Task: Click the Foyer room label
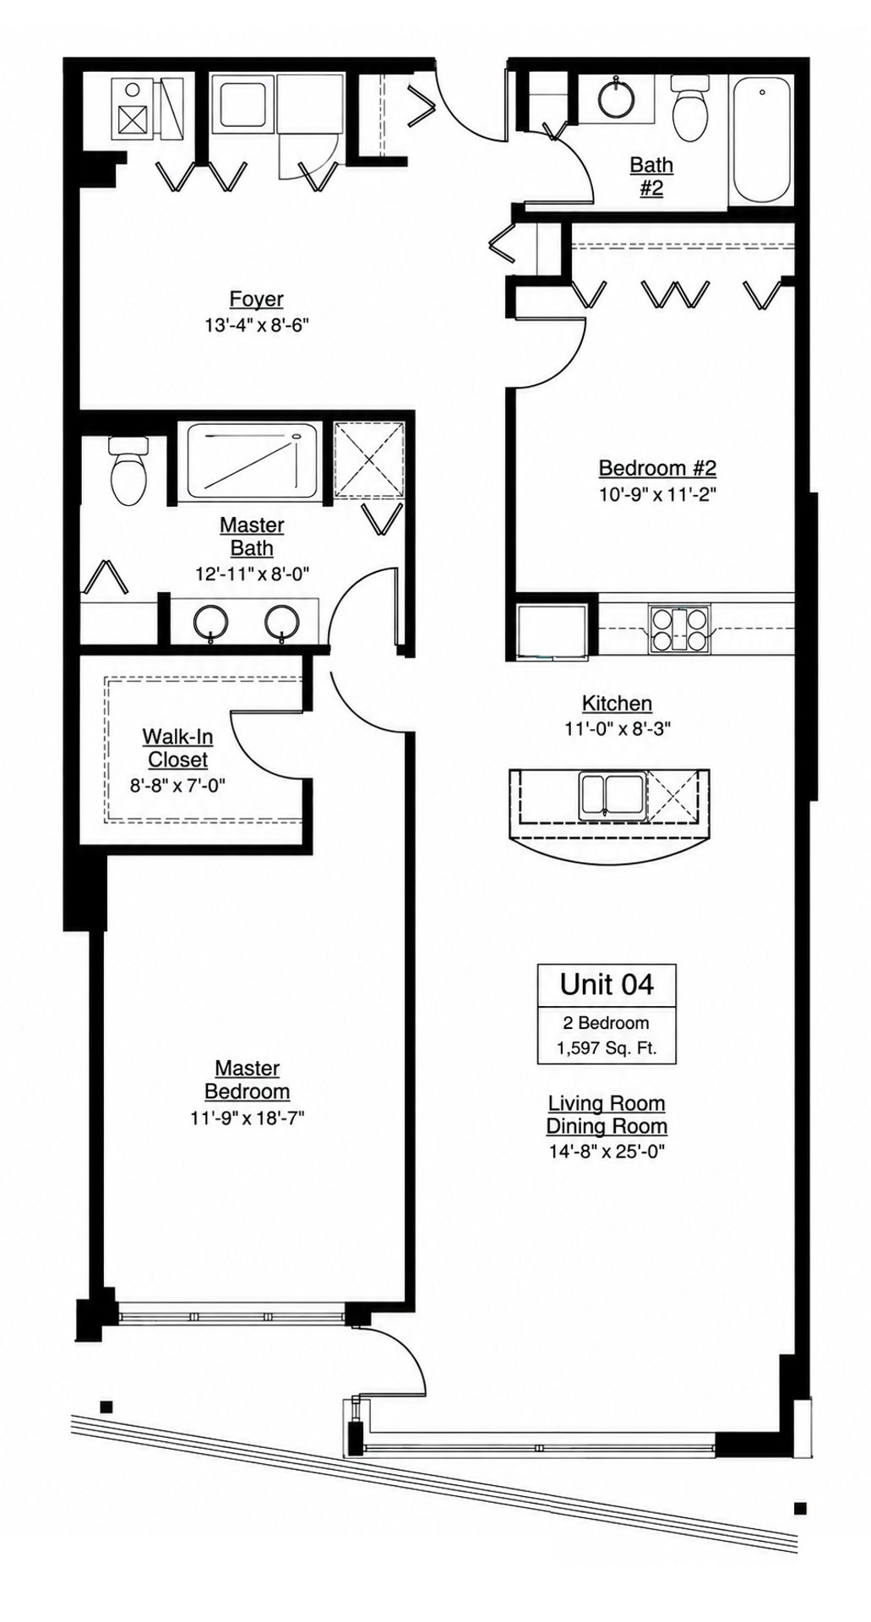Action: click(x=256, y=299)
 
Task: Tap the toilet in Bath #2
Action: click(x=689, y=108)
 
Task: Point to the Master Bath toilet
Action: click(x=128, y=471)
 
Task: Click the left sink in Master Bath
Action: click(x=210, y=624)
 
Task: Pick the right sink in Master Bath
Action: click(x=281, y=624)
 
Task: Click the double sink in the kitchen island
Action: click(x=612, y=795)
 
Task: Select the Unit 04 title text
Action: click(x=607, y=984)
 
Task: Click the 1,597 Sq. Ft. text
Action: click(x=606, y=1049)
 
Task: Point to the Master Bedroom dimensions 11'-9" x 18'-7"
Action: click(x=247, y=1118)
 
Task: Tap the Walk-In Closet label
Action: click(x=177, y=748)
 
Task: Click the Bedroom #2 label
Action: click(x=657, y=468)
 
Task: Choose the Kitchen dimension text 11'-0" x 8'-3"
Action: click(x=617, y=728)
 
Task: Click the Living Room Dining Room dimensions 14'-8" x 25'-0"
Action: click(x=606, y=1151)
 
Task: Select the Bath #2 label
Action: click(x=651, y=177)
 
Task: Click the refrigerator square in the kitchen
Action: click(x=552, y=631)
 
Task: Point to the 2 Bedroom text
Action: click(x=606, y=1023)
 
